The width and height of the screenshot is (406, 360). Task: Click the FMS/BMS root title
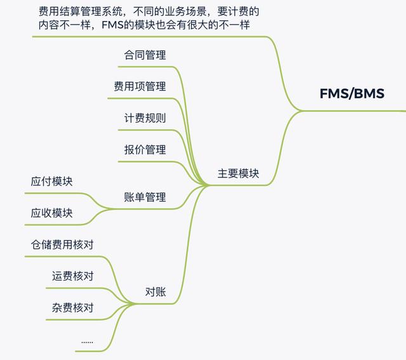(x=352, y=93)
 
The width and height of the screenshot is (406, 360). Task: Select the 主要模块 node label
(x=239, y=173)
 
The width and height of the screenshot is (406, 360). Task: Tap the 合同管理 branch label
(x=145, y=55)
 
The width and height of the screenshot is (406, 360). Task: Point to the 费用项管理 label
(x=140, y=86)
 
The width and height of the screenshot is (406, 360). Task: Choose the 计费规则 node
(x=145, y=118)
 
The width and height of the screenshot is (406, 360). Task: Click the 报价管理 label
(x=145, y=150)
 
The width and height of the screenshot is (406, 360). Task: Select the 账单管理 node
(x=145, y=197)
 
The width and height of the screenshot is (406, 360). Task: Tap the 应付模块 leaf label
(x=51, y=181)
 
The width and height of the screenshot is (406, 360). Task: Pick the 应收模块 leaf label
(x=51, y=213)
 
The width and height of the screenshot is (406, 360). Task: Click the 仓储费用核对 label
(x=62, y=244)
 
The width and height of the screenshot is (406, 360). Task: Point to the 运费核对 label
(x=72, y=276)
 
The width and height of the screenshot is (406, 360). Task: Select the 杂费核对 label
(x=72, y=308)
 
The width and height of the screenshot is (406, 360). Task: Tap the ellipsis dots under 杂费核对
(x=87, y=343)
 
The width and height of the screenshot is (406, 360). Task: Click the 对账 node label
(x=155, y=292)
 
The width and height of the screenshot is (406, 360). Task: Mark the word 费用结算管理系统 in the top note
(x=81, y=11)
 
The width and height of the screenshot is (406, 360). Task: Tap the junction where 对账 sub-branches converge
(x=133, y=303)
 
